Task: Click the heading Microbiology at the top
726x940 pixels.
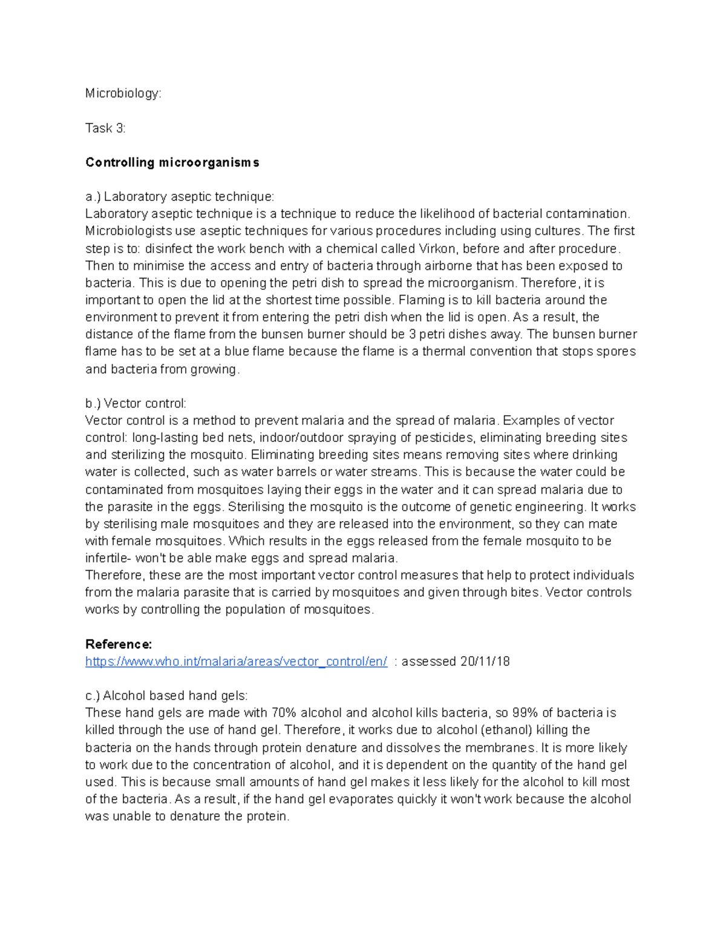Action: [x=123, y=94]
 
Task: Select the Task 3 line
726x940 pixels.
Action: [x=105, y=128]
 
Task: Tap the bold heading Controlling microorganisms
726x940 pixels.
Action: [x=172, y=163]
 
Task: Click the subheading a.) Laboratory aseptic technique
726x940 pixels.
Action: [x=180, y=197]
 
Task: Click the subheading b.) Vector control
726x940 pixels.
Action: [x=136, y=404]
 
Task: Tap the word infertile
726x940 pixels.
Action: [x=107, y=558]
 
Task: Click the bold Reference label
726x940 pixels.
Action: [x=119, y=644]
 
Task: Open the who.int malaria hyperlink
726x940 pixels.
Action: [x=236, y=662]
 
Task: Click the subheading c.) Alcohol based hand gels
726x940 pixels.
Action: [x=166, y=696]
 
